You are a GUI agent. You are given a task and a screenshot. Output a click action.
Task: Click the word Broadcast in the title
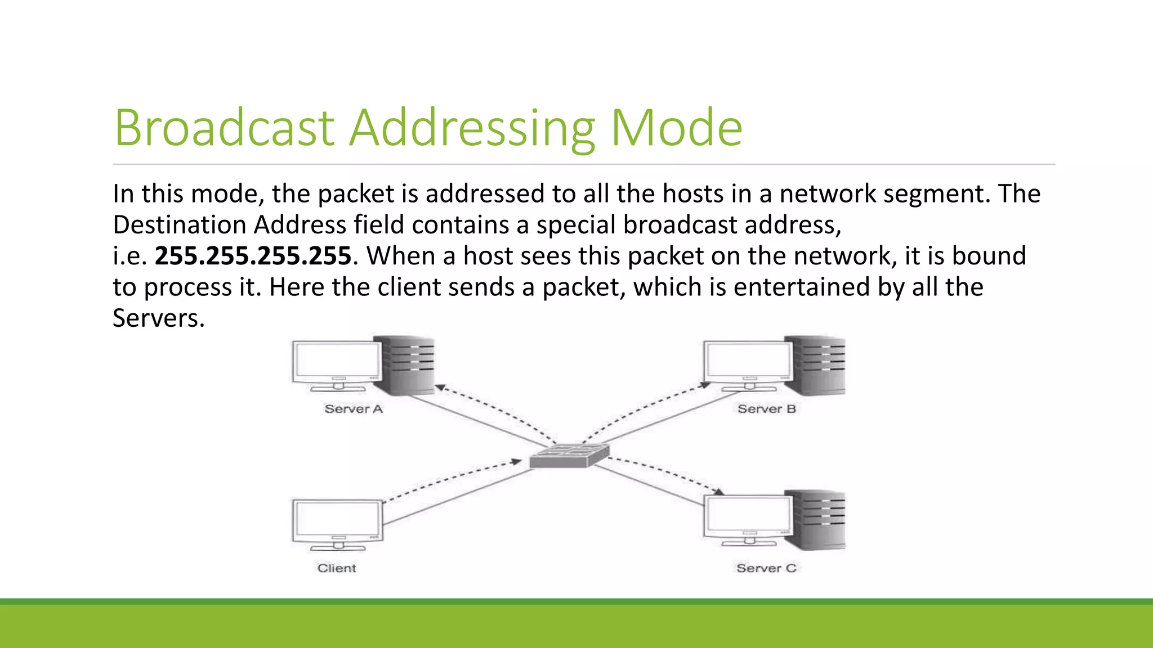pyautogui.click(x=224, y=128)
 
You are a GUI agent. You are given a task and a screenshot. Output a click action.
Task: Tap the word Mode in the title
pyautogui.click(x=676, y=128)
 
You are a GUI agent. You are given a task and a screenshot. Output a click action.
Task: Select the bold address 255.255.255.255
pyautogui.click(x=253, y=256)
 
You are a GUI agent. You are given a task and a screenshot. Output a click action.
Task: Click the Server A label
pyautogui.click(x=354, y=409)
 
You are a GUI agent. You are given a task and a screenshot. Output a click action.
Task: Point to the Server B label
pyautogui.click(x=766, y=409)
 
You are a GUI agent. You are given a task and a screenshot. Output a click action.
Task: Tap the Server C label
pyautogui.click(x=766, y=568)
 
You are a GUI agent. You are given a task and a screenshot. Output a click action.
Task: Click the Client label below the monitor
pyautogui.click(x=337, y=568)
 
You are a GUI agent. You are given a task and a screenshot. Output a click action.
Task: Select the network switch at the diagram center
pyautogui.click(x=569, y=456)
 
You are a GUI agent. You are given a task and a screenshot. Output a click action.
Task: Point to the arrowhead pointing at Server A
pyautogui.click(x=440, y=388)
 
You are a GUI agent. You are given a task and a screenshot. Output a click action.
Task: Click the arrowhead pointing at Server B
pyautogui.click(x=704, y=386)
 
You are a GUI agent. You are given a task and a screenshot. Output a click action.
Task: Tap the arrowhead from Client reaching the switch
pyautogui.click(x=516, y=462)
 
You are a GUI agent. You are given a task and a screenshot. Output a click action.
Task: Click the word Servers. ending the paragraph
pyautogui.click(x=158, y=318)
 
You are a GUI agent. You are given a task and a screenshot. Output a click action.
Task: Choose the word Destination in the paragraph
pyautogui.click(x=179, y=225)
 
